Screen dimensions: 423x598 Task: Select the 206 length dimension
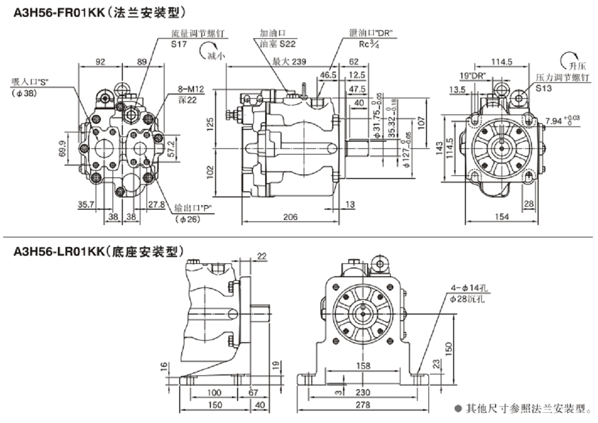[x=291, y=217]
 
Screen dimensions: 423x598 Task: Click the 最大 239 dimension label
[x=289, y=62]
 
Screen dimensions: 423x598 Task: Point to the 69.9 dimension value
[x=62, y=149]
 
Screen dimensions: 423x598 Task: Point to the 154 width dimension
[x=502, y=217]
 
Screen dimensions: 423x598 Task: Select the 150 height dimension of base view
[x=448, y=348]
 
